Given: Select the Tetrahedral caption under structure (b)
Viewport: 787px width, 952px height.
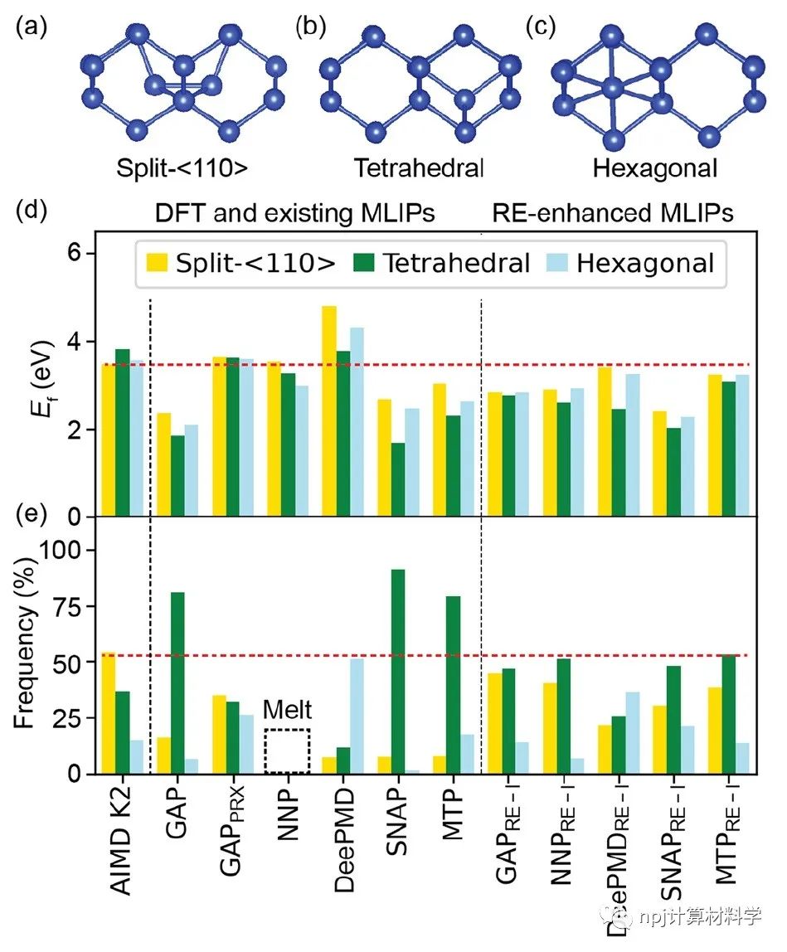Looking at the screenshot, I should (419, 169).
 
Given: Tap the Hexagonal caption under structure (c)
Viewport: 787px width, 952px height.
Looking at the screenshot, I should (654, 169).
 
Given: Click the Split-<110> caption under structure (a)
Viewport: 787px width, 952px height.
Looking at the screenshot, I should (182, 169).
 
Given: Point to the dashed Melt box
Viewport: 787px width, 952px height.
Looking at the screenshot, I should (287, 751).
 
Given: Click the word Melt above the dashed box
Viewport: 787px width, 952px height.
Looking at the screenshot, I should (287, 712).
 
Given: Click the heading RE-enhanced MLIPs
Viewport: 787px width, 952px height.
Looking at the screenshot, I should (611, 213).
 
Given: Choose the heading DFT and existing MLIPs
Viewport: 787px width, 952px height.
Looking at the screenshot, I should (295, 213).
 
